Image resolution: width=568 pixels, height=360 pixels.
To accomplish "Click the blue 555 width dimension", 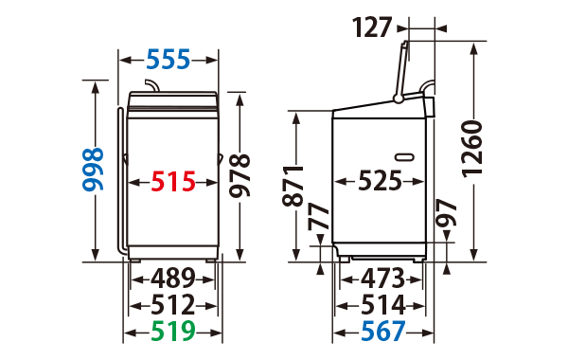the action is (169, 60).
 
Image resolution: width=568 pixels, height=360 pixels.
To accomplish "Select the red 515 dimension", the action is (173, 182).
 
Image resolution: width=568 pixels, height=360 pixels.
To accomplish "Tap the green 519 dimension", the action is (173, 332).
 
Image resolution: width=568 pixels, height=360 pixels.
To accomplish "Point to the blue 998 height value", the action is (93, 170).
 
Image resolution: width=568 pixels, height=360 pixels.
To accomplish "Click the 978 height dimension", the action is (240, 176).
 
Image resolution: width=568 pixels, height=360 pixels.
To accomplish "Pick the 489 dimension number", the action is (173, 279).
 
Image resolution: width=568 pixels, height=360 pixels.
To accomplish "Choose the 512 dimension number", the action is (173, 305).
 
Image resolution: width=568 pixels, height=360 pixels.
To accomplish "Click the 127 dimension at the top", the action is (372, 27).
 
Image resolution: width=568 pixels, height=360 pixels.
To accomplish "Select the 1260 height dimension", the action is (472, 150).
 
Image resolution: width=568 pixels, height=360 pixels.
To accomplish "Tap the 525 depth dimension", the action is (380, 181).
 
